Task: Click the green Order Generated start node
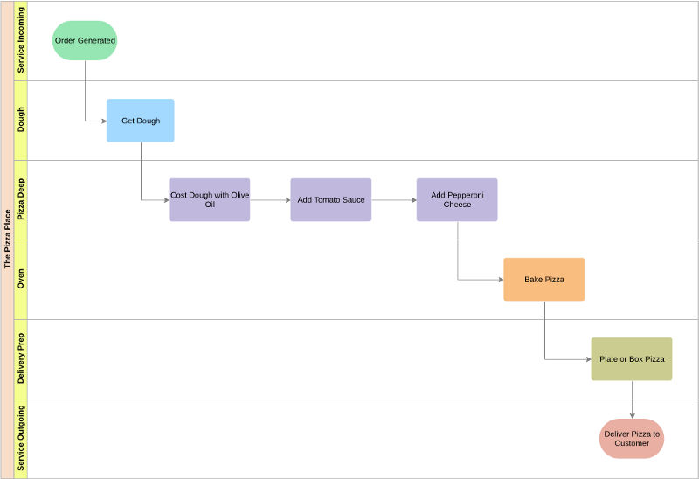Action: pyautogui.click(x=85, y=40)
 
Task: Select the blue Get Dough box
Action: pyautogui.click(x=141, y=121)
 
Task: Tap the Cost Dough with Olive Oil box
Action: pyautogui.click(x=210, y=200)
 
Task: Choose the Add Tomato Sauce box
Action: pyautogui.click(x=331, y=200)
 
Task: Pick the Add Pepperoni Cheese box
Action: pyautogui.click(x=457, y=200)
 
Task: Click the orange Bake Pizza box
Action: pyautogui.click(x=543, y=279)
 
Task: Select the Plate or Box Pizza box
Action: pyautogui.click(x=632, y=359)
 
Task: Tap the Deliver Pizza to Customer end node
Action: pyautogui.click(x=632, y=439)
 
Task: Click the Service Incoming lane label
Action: pyautogui.click(x=20, y=40)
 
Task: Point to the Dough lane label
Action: pyautogui.click(x=20, y=120)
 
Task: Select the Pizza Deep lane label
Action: pyautogui.click(x=20, y=199)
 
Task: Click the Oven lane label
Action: pyautogui.click(x=20, y=279)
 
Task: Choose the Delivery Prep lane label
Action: pyautogui.click(x=20, y=358)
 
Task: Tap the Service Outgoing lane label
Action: pyautogui.click(x=20, y=438)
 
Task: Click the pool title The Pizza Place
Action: pyautogui.click(x=7, y=239)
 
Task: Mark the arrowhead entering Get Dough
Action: pyautogui.click(x=104, y=121)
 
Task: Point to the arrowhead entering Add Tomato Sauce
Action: pyautogui.click(x=288, y=200)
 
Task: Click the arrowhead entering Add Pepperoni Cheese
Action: pyautogui.click(x=414, y=200)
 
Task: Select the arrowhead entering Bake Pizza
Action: pyautogui.click(x=501, y=280)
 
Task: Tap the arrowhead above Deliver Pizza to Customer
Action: pyautogui.click(x=632, y=416)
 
